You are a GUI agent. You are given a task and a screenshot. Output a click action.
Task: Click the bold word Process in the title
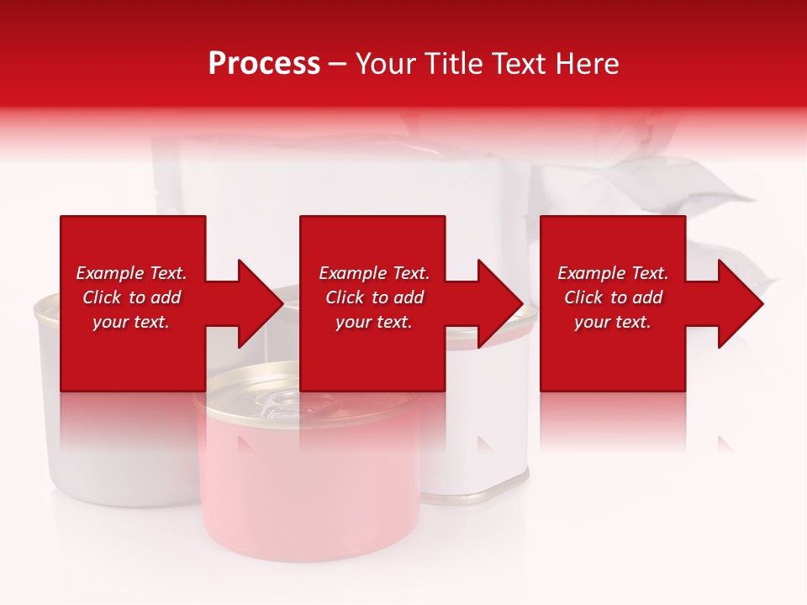(x=264, y=64)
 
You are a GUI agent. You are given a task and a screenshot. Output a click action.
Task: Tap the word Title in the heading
(x=454, y=64)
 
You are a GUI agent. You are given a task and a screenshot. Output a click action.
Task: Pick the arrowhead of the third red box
(x=739, y=303)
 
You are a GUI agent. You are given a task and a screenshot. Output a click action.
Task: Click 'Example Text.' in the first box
(x=131, y=273)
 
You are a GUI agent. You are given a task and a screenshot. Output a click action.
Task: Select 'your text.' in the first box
(x=131, y=322)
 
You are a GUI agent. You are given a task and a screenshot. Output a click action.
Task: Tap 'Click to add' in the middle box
(x=374, y=297)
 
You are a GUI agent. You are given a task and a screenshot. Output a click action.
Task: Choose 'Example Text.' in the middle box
(x=374, y=273)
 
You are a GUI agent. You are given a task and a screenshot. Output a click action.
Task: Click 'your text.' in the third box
(x=613, y=322)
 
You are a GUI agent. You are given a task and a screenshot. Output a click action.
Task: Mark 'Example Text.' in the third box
(x=613, y=273)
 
